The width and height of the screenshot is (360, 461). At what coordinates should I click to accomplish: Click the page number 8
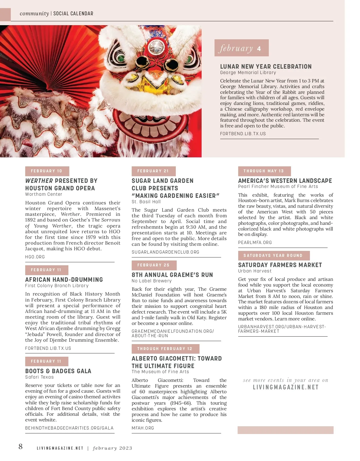[20, 447]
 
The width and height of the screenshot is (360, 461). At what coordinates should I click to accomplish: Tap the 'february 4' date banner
[241, 48]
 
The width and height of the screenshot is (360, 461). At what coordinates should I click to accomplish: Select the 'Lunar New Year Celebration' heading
[266, 67]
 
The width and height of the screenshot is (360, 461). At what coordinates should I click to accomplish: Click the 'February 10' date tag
[47, 171]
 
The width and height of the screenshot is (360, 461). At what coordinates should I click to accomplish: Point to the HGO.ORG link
[35, 257]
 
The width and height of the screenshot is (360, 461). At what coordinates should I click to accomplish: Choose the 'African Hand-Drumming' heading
[64, 280]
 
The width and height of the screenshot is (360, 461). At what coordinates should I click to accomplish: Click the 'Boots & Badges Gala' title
[58, 371]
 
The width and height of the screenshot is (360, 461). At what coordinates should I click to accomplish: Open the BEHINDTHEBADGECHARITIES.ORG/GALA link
[69, 428]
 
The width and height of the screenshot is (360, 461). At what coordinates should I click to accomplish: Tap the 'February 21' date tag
[153, 171]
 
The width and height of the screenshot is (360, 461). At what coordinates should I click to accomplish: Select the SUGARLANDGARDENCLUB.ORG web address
[165, 252]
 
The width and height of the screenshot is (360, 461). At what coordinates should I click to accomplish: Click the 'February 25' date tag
[154, 265]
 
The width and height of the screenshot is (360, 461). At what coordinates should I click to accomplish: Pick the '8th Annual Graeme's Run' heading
[172, 275]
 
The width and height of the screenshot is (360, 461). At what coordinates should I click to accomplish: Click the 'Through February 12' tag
[165, 349]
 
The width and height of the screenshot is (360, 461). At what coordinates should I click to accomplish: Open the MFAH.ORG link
[143, 428]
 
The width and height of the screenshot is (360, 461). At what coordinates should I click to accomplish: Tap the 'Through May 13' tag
[264, 171]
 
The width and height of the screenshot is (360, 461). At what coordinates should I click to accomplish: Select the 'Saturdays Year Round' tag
[274, 256]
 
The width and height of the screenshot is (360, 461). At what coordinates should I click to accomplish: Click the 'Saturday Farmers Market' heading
[280, 265]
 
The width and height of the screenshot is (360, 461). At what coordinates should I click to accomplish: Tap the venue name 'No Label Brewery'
[151, 281]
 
